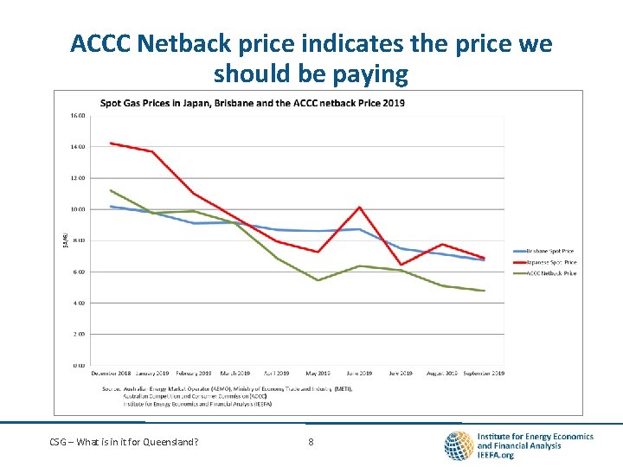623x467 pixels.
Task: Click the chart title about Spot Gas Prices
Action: [252, 103]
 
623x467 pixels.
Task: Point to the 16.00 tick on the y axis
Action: [78, 115]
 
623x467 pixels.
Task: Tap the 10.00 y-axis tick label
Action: [78, 209]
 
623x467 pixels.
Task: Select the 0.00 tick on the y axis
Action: [78, 366]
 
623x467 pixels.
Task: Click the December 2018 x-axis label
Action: [111, 374]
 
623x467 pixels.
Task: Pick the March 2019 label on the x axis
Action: [234, 374]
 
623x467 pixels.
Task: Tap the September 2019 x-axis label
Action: [483, 374]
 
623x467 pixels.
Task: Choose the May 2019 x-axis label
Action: [318, 374]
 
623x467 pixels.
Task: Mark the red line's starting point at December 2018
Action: [111, 143]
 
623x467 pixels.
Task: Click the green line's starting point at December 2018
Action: [111, 190]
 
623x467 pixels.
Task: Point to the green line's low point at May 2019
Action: [318, 280]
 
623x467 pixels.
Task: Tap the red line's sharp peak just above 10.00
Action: [359, 207]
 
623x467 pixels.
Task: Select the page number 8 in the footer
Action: [311, 443]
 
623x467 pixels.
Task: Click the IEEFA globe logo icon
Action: [458, 445]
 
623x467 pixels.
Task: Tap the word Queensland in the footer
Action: [169, 443]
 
